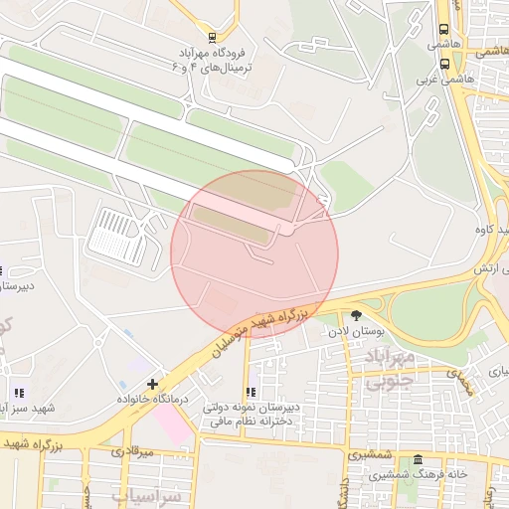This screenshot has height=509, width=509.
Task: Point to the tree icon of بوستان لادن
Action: click(x=357, y=315)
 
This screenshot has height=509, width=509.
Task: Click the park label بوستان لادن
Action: click(x=357, y=331)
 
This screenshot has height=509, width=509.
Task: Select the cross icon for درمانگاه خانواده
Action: click(x=151, y=384)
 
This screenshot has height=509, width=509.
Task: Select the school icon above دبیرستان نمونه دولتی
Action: click(x=251, y=393)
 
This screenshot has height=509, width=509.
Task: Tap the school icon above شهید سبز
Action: click(x=20, y=393)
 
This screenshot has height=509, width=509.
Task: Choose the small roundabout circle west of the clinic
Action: click(x=99, y=342)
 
